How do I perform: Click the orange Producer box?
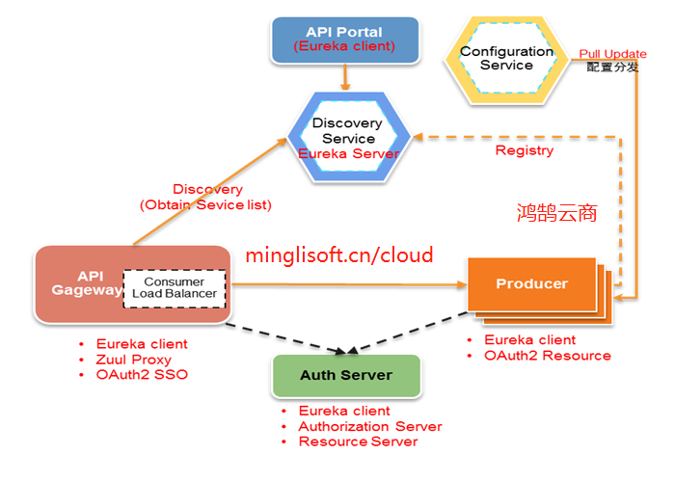click(531, 283)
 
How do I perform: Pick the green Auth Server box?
click(346, 376)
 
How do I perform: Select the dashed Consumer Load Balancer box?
click(175, 288)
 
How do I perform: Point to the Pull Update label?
click(605, 53)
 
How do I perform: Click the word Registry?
click(524, 150)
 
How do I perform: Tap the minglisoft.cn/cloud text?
click(338, 255)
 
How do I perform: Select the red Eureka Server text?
click(348, 153)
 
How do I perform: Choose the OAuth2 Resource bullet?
click(547, 356)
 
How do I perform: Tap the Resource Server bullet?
click(358, 441)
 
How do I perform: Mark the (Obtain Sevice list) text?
click(205, 204)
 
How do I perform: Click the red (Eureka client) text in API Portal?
click(345, 45)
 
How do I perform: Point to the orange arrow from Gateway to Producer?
click(347, 284)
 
